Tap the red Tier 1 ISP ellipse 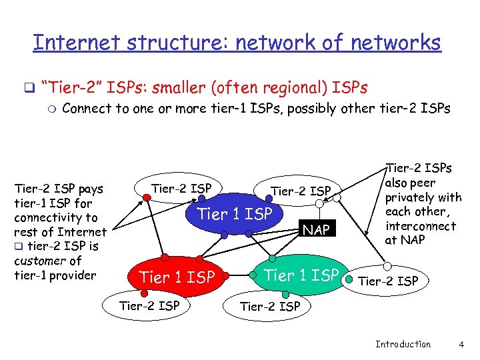coord(177,275)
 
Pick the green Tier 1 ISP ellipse coord(302,274)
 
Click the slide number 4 coord(461,344)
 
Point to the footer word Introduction coord(403,344)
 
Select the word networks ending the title coord(401,43)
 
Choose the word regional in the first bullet coord(293,87)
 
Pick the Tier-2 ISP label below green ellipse coord(270,307)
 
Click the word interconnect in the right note coord(421,226)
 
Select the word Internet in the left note coord(83,232)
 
